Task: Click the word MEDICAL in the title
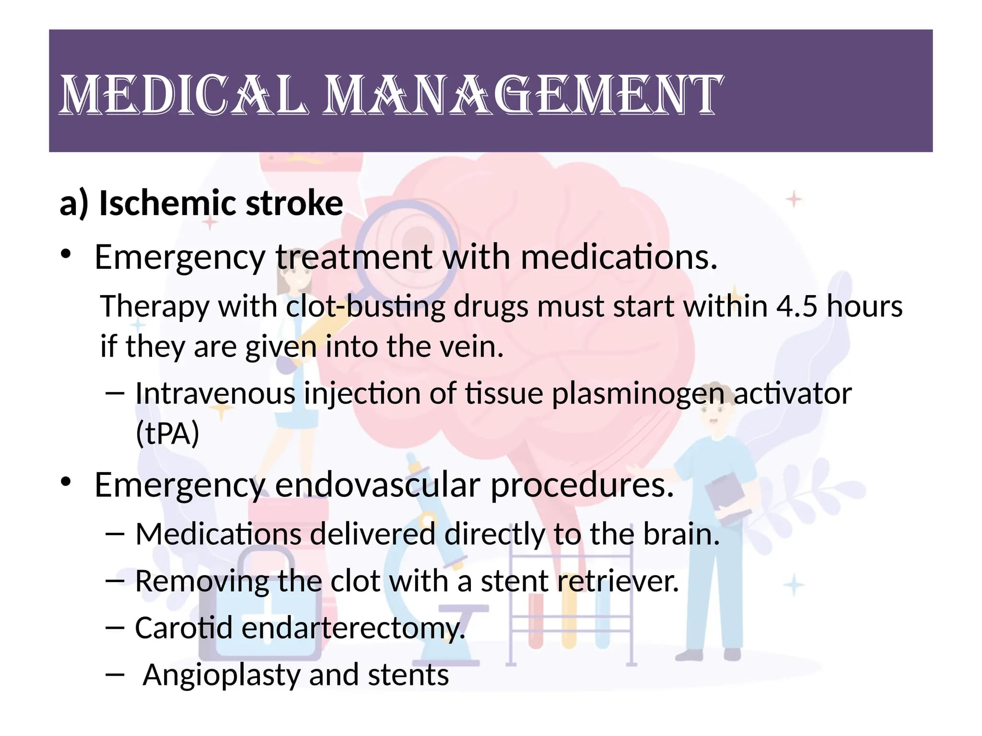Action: [183, 94]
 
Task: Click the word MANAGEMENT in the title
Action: [522, 94]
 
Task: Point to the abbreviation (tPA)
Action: [167, 433]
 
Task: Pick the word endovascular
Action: [377, 484]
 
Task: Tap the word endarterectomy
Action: [353, 628]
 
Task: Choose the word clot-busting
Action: [366, 307]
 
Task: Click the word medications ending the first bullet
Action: [619, 257]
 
